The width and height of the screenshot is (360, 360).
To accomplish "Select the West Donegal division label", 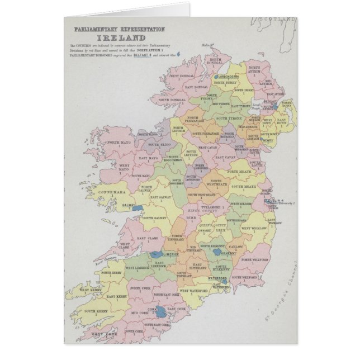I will (183, 77).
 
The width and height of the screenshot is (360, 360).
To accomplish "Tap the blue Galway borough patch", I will (137, 207).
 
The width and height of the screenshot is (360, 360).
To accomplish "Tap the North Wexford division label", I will (254, 259).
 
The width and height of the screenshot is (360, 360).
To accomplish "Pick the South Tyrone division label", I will (229, 119).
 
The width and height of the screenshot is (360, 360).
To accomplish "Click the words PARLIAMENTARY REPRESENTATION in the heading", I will (114, 27).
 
